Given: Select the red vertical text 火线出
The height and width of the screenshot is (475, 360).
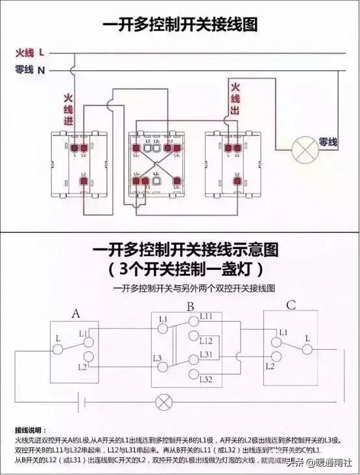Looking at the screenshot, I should point(234,97).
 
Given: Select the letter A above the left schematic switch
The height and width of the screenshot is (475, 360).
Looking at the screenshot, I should point(76,314).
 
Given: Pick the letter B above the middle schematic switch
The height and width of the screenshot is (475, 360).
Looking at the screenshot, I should point(191,306).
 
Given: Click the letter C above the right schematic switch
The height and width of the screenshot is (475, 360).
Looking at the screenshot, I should point(291,306).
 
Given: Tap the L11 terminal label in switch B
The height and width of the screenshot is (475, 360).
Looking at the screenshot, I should point(206,316).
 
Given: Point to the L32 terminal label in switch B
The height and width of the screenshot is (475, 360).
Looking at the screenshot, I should point(206,378).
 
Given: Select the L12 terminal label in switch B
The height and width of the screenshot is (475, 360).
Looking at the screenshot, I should point(206,340).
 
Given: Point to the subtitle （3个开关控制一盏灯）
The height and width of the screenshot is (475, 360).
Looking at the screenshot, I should point(180,267).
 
